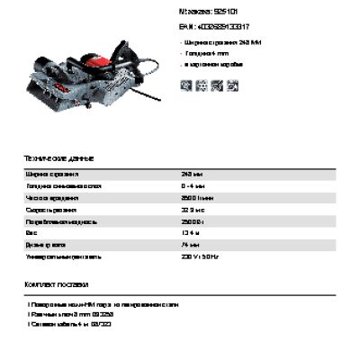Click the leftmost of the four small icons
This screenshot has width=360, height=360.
tap(186, 85)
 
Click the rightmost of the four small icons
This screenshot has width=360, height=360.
tap(233, 85)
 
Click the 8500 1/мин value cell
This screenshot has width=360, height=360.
tap(196, 197)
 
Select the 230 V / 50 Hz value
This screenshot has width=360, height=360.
tap(200, 256)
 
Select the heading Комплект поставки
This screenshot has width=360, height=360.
tap(58, 284)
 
